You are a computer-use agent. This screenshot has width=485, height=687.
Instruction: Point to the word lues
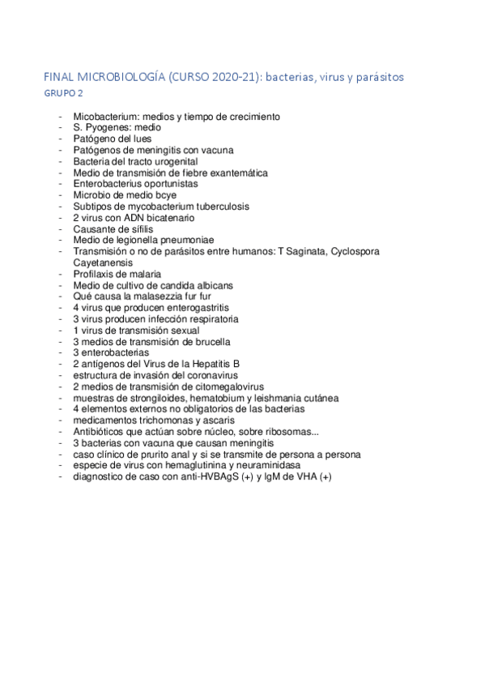pos(138,139)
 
